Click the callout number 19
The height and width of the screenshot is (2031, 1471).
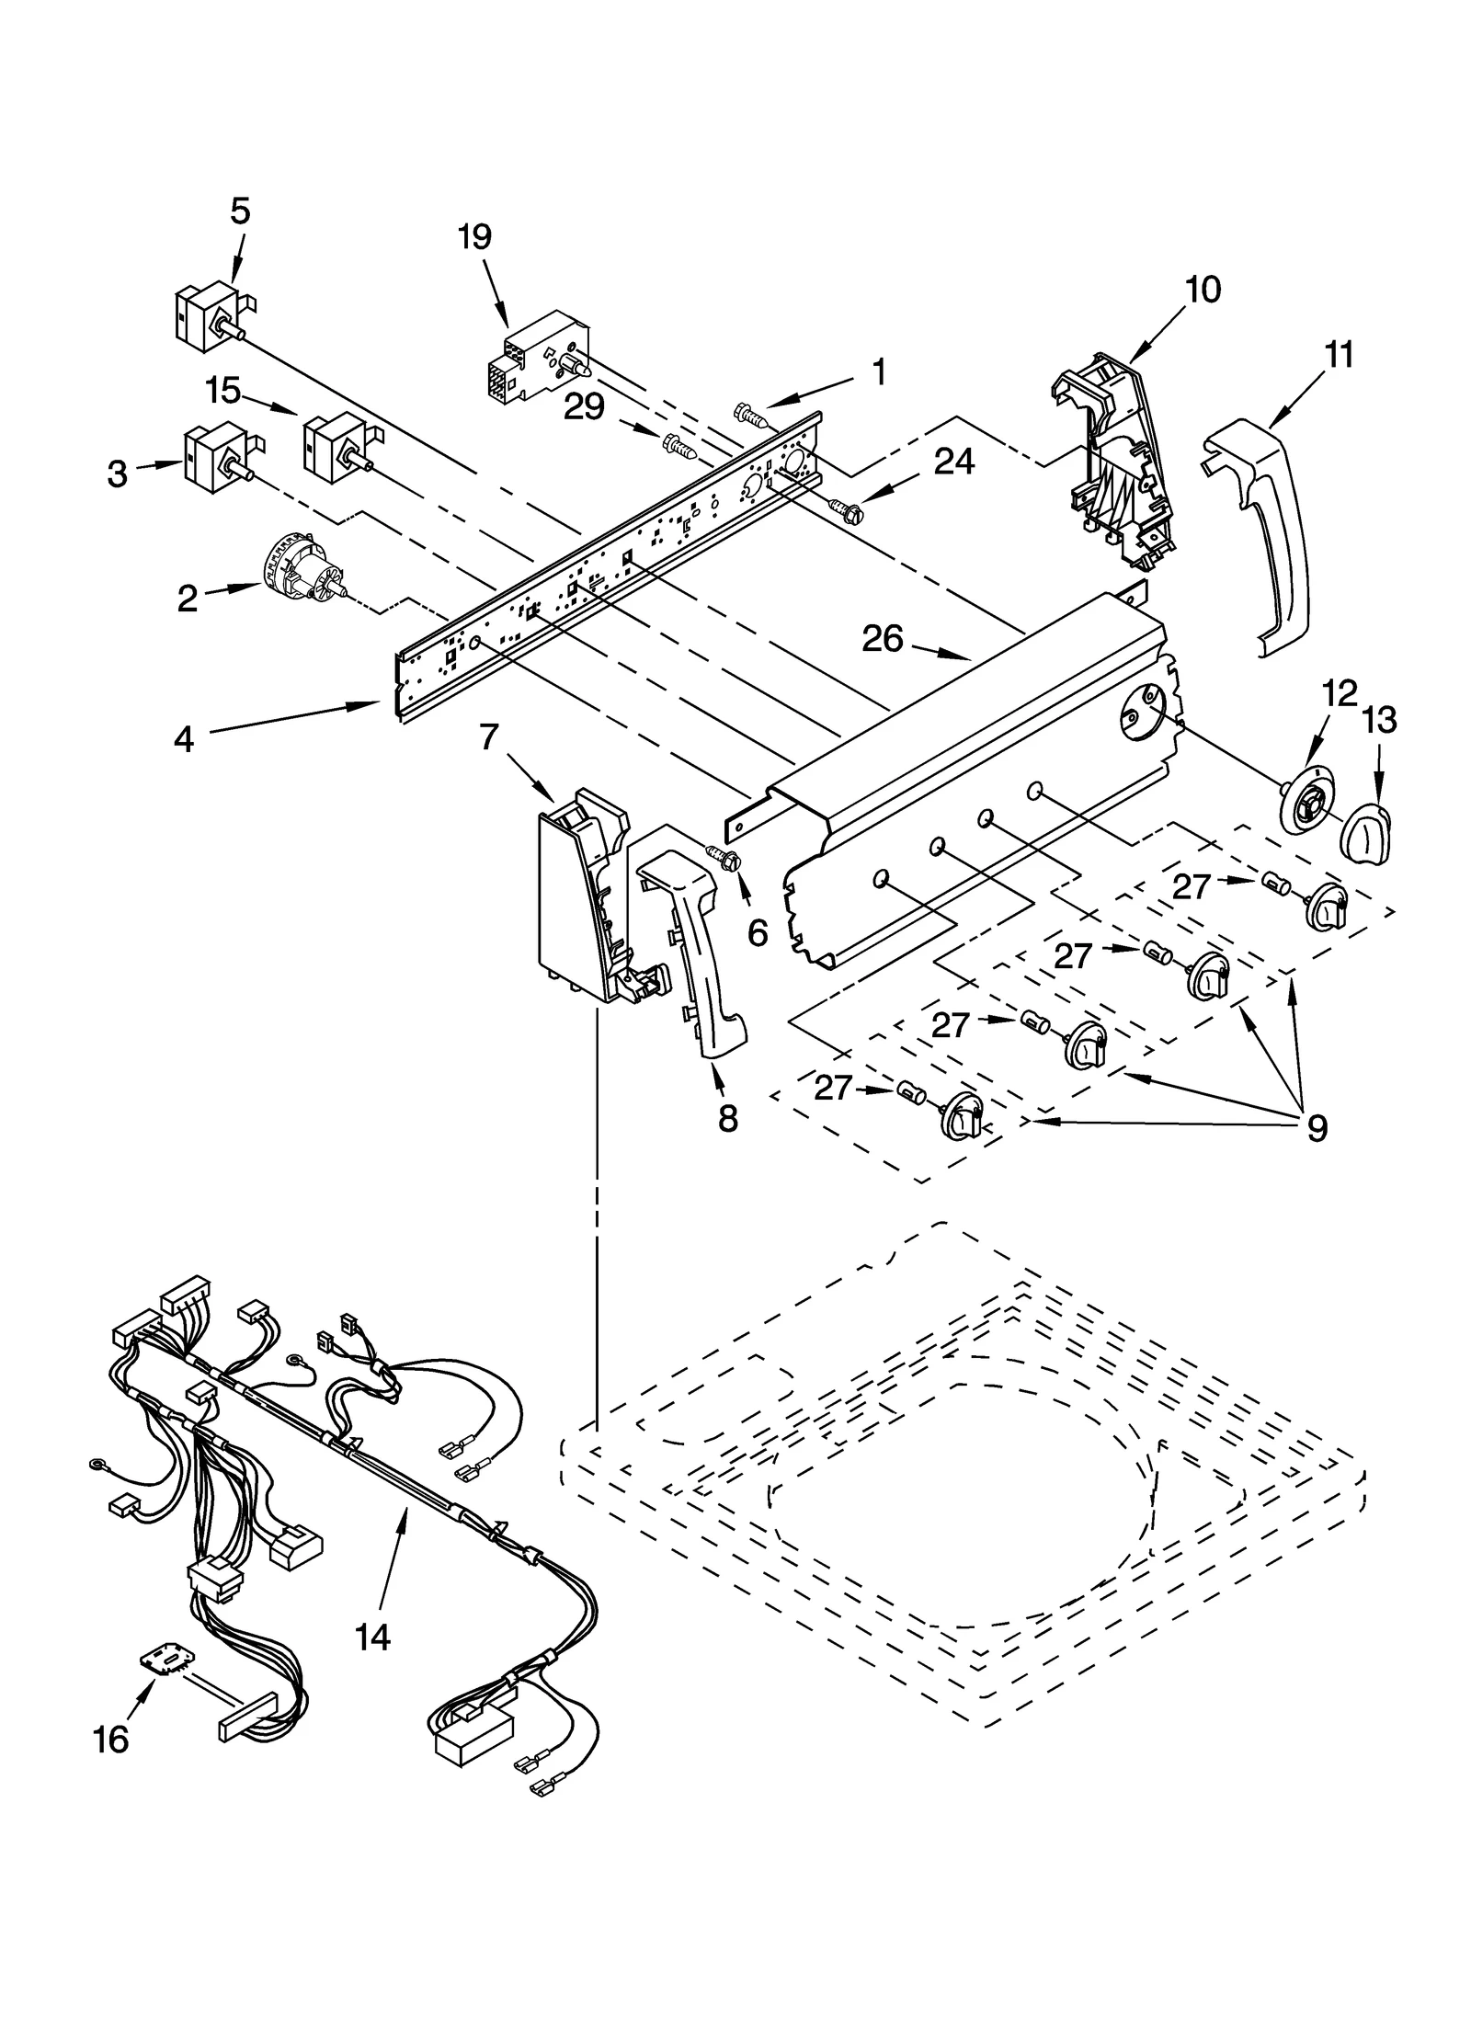474,237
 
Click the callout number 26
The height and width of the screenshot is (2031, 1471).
882,639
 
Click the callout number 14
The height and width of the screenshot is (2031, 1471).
372,1637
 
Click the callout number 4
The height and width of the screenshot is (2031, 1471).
184,738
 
